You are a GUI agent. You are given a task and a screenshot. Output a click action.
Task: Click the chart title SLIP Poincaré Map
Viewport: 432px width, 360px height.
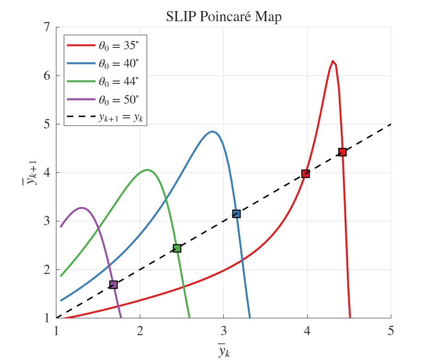point(223,17)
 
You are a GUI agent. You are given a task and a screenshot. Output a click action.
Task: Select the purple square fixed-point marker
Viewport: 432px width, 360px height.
point(113,285)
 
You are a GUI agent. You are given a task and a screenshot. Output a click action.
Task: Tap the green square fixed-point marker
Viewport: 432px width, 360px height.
point(177,249)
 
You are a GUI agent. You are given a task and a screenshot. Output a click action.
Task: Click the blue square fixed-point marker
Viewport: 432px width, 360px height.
point(236,214)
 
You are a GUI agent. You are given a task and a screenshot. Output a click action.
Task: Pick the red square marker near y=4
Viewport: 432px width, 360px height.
point(305,174)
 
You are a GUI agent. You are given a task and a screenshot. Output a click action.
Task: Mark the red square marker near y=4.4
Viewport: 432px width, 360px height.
point(342,152)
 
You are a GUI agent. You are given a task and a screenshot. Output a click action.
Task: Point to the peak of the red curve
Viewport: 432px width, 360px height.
point(333,61)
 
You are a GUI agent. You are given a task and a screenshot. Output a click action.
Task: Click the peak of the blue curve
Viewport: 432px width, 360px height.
point(212,132)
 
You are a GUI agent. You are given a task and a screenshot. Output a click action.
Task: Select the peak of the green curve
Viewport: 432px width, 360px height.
point(147,170)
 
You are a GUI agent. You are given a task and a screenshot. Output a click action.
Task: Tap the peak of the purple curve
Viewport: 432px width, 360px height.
point(82,208)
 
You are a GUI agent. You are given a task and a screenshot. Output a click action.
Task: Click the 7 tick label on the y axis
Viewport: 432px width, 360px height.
point(46,27)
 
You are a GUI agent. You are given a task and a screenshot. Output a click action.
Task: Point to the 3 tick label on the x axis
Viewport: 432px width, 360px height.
point(223,331)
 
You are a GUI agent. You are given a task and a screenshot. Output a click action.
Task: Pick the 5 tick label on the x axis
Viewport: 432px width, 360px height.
point(391,331)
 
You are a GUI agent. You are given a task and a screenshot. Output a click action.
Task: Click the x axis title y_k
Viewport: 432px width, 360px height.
point(224,350)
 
